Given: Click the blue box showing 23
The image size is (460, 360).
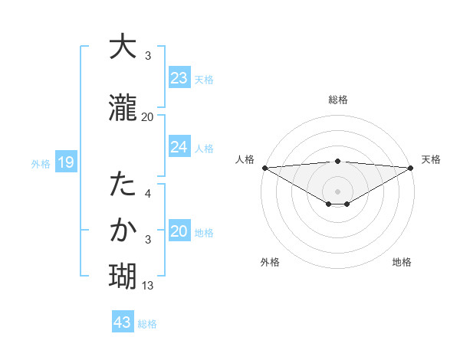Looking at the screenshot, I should pyautogui.click(x=179, y=78).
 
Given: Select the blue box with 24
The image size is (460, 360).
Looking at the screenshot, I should pyautogui.click(x=179, y=147).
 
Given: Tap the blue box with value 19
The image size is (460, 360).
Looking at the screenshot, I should pyautogui.click(x=65, y=162).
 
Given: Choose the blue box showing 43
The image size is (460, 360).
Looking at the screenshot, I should pyautogui.click(x=122, y=322).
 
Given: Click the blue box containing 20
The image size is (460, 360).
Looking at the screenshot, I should pyautogui.click(x=179, y=232).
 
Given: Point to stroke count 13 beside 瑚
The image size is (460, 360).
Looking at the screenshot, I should pyautogui.click(x=148, y=286).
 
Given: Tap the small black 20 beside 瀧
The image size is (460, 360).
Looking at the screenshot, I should pyautogui.click(x=147, y=116).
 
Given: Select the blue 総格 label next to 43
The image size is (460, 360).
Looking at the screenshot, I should pyautogui.click(x=147, y=324).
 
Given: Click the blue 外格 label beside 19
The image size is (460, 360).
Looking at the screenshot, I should pyautogui.click(x=41, y=164).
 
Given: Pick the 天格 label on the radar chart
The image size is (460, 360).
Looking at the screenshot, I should pyautogui.click(x=431, y=159).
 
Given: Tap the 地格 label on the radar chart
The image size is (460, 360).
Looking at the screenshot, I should pyautogui.click(x=402, y=262).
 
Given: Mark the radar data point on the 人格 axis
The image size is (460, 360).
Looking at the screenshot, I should pyautogui.click(x=264, y=167).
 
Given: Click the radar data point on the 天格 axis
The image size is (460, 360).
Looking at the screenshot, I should pyautogui.click(x=411, y=167).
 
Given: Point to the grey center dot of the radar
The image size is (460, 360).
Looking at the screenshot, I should pyautogui.click(x=337, y=191).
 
